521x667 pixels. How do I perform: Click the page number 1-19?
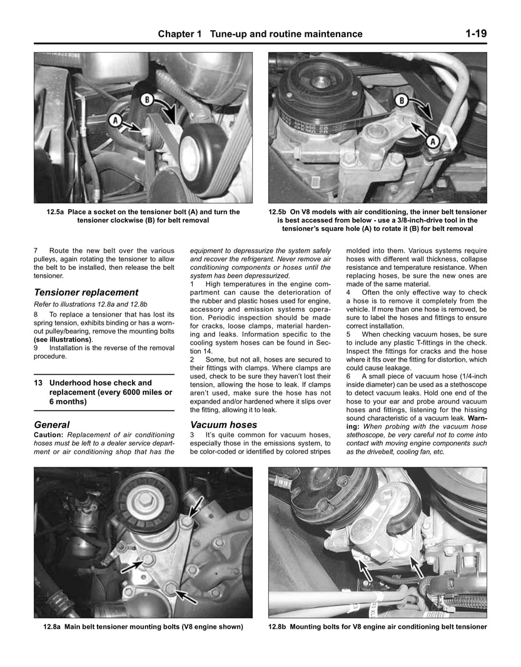[475, 34]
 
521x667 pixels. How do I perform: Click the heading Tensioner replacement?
[86, 292]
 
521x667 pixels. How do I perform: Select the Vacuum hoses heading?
[223, 424]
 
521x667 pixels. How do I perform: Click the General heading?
[52, 424]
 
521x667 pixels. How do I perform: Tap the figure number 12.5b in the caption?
[280, 212]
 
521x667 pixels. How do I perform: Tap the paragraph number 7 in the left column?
[36, 250]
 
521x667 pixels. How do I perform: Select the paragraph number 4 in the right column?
[348, 292]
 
